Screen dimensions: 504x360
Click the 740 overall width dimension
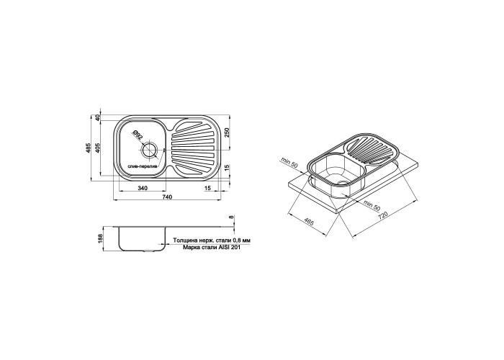pyautogui.click(x=168, y=197)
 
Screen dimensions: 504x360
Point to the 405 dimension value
pyautogui.click(x=98, y=148)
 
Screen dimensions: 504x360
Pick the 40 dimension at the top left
pyautogui.click(x=98, y=118)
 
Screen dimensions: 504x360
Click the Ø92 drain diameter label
pyautogui.click(x=138, y=136)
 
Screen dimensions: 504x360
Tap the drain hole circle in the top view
pyautogui.click(x=149, y=150)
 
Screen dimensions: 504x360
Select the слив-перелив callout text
pyautogui.click(x=142, y=166)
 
